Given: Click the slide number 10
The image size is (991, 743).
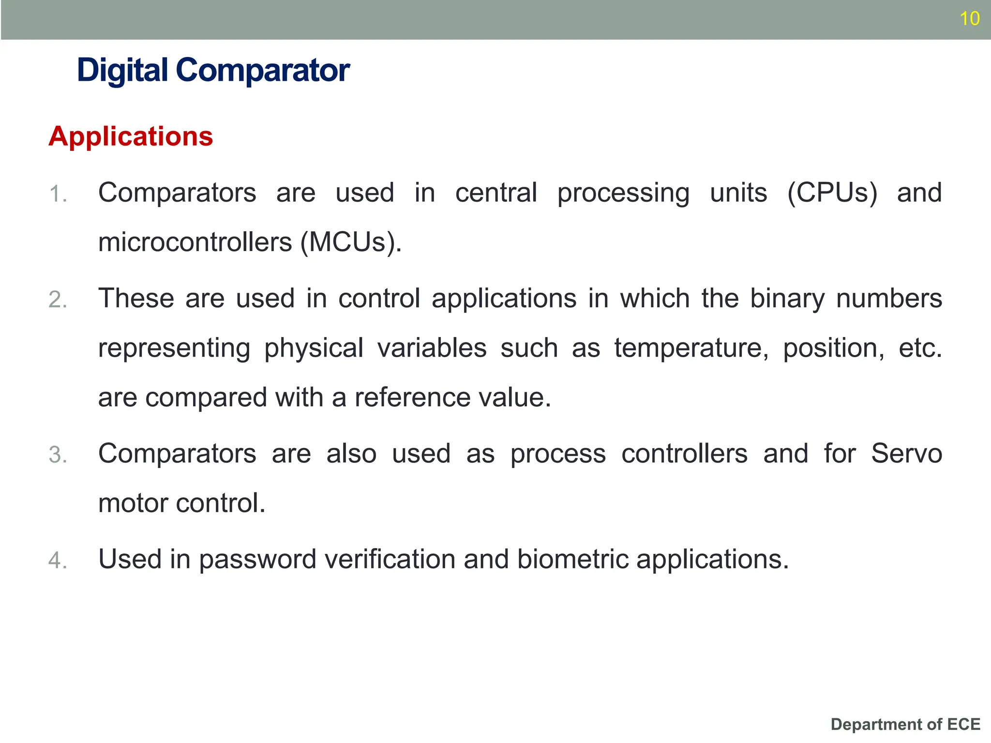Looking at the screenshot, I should (969, 18).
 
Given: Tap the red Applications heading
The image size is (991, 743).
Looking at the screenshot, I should (131, 136).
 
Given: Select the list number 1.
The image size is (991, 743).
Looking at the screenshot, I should (57, 194).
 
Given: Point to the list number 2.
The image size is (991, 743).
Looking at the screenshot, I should (57, 300).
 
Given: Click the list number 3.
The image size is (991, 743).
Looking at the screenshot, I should (57, 455).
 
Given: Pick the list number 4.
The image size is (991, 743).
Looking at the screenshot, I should (57, 561).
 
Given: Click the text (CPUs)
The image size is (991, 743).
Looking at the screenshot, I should (832, 193).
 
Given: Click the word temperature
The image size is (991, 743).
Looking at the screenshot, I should (691, 348).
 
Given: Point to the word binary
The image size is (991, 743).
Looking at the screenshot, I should (787, 298).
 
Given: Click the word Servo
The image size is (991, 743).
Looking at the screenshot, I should (906, 454).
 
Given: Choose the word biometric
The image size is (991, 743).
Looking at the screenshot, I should (572, 559).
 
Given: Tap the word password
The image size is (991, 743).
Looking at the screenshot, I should (257, 560).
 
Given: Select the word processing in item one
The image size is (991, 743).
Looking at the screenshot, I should (623, 193).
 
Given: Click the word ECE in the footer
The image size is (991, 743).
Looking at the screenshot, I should (963, 724).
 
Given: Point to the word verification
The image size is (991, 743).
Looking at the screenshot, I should (390, 559).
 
